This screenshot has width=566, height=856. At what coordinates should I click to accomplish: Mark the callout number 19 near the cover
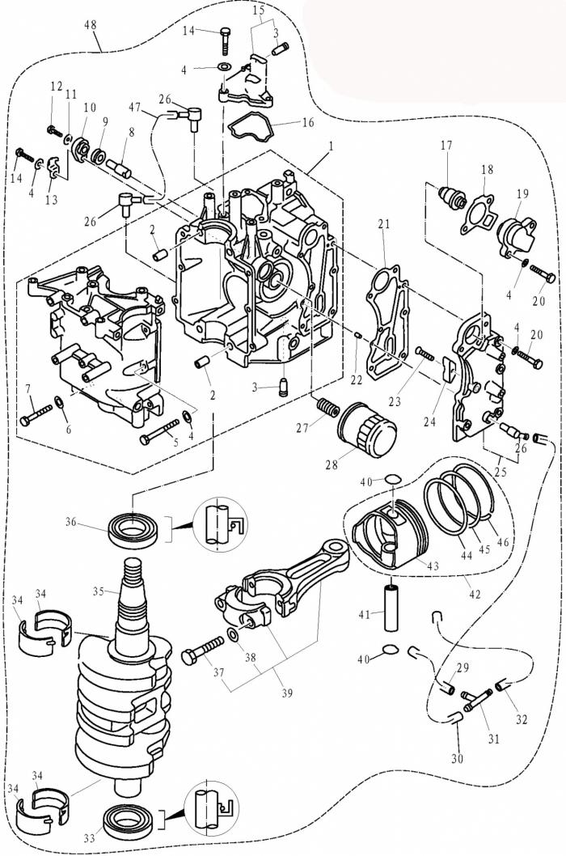coord(522,194)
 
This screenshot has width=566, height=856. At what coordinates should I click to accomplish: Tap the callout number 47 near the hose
coord(134,105)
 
